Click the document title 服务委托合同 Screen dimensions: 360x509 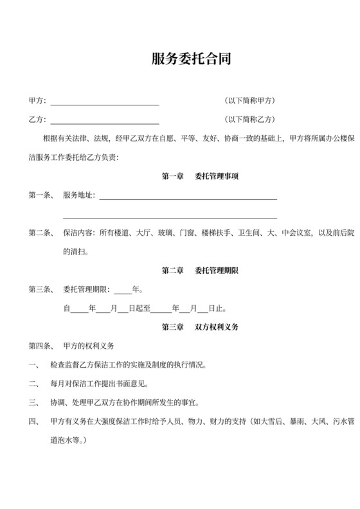(191, 60)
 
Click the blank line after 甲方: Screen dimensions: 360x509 (105, 102)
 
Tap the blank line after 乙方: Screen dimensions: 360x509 (105, 120)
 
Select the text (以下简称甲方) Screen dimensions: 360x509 (249, 101)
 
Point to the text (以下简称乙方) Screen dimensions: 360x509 (249, 120)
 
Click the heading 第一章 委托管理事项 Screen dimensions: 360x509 (200, 176)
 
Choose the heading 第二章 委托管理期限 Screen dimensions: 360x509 (200, 271)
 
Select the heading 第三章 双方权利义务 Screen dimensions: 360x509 (200, 327)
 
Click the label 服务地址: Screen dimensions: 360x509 (79, 195)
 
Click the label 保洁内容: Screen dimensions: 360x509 (79, 233)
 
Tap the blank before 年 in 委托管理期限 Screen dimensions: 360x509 (122, 290)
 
